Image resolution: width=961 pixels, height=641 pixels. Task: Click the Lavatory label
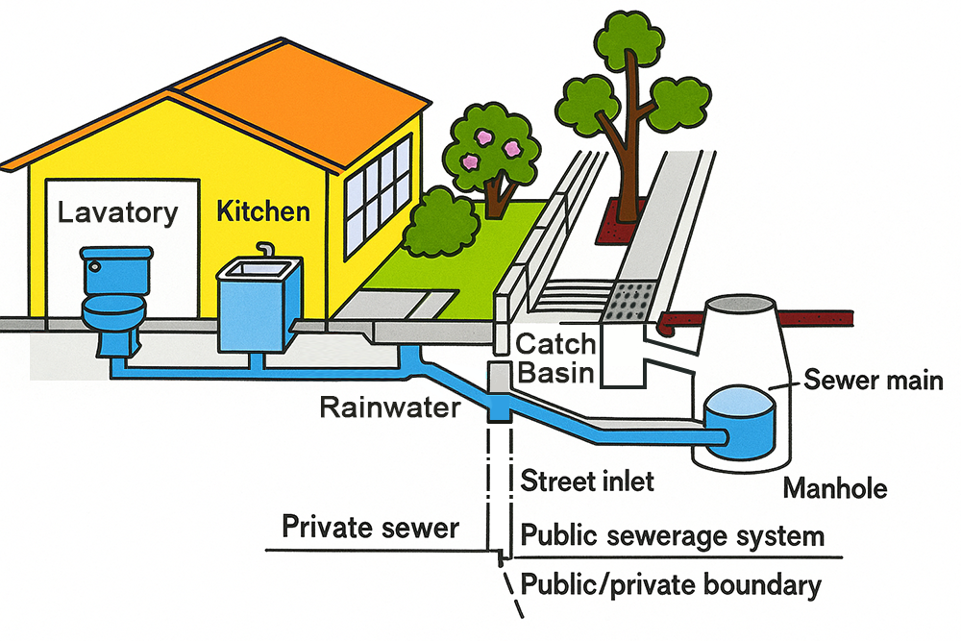pyautogui.click(x=118, y=211)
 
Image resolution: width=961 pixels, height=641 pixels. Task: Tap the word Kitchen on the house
pyautogui.click(x=263, y=210)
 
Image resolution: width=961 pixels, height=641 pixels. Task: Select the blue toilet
pyautogui.click(x=113, y=298)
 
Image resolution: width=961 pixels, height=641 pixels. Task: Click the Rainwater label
pyautogui.click(x=390, y=408)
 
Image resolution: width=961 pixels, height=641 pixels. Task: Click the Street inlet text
pyautogui.click(x=587, y=481)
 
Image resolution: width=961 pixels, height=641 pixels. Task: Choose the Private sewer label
pyautogui.click(x=370, y=527)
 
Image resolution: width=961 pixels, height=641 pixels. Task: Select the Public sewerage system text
pyautogui.click(x=672, y=534)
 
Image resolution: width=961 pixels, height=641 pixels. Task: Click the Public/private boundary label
pyautogui.click(x=670, y=584)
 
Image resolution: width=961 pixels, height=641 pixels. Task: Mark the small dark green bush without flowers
pyautogui.click(x=440, y=223)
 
